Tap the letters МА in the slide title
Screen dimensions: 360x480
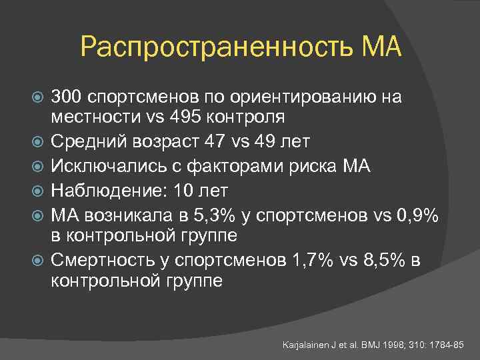click(x=381, y=47)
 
